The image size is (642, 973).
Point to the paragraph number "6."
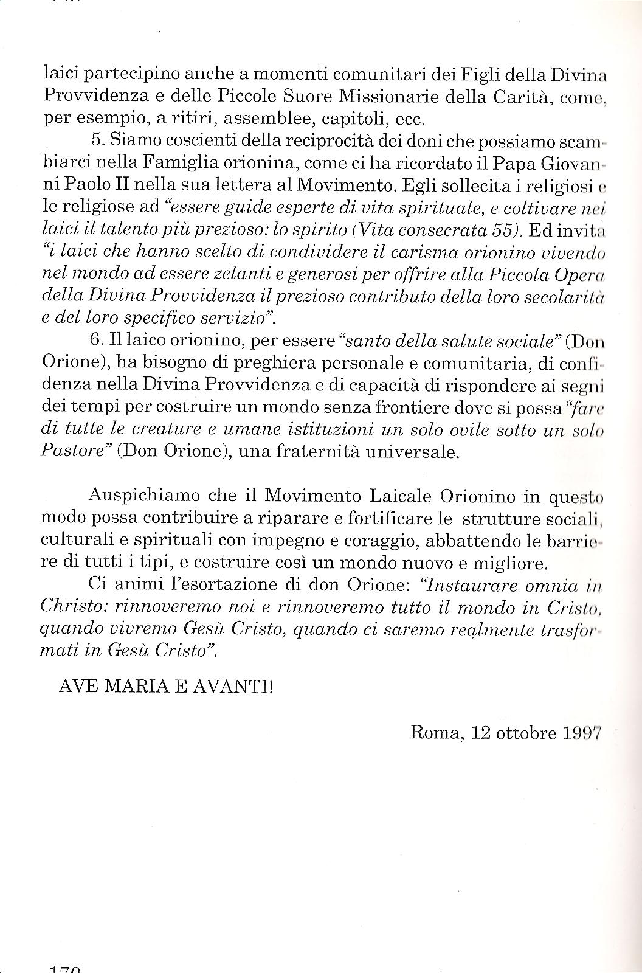(97, 341)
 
